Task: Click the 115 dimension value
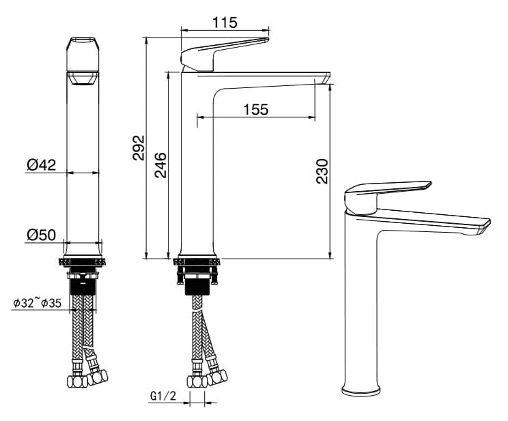(225, 23)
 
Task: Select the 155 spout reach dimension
(256, 109)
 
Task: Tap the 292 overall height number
(139, 147)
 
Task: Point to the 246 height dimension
(160, 165)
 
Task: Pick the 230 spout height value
(322, 171)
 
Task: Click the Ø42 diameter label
(42, 165)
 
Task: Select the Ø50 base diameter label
(42, 235)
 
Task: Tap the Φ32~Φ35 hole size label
(37, 303)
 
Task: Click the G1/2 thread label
(163, 396)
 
